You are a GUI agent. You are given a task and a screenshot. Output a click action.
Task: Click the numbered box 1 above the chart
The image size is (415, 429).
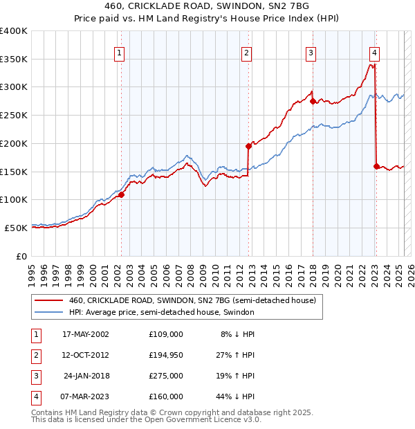pyautogui.click(x=120, y=52)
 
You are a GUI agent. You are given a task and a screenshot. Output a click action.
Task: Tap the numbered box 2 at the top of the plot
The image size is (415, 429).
pyautogui.click(x=247, y=52)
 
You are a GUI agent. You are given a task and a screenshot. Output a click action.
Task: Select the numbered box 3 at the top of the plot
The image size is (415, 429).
pyautogui.click(x=311, y=52)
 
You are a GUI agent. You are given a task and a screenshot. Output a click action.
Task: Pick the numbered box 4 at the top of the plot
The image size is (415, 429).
pyautogui.click(x=374, y=52)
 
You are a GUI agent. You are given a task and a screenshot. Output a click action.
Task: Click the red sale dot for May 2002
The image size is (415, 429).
pyautogui.click(x=121, y=195)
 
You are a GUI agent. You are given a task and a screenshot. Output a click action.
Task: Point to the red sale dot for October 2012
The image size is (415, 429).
pyautogui.click(x=248, y=146)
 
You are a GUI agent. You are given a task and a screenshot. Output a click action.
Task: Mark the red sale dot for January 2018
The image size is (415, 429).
pyautogui.click(x=313, y=101)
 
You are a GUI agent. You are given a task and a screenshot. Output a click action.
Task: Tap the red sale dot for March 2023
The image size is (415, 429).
pyautogui.click(x=376, y=166)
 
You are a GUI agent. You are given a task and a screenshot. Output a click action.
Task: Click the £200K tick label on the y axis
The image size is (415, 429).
pyautogui.click(x=14, y=143)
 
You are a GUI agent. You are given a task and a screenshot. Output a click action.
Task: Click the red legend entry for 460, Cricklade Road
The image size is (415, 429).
pyautogui.click(x=192, y=300)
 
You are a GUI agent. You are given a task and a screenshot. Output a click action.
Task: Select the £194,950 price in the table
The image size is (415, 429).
pyautogui.click(x=166, y=356)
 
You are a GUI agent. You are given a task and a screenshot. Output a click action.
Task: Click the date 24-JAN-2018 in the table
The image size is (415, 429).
pyautogui.click(x=86, y=376)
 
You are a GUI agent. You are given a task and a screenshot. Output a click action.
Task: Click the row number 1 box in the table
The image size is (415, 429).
pyautogui.click(x=34, y=335)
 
